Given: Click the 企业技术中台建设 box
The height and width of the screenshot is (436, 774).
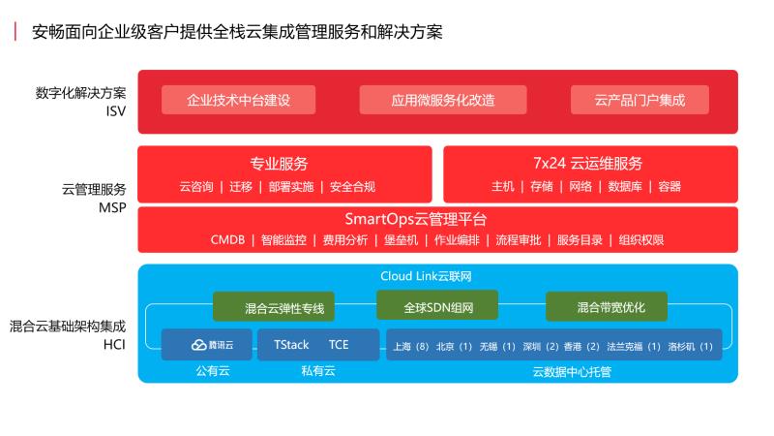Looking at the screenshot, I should pos(238,100).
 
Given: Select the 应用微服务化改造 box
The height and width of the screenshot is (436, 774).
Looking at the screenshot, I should pos(443,100).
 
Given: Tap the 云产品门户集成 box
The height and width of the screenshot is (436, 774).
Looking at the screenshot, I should pos(639,100).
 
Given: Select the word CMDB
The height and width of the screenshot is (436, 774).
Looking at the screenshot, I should pos(228,239).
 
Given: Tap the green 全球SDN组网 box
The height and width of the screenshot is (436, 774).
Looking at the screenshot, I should pos(437,306).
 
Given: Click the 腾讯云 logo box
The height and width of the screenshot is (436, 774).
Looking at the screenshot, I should pos(205,345).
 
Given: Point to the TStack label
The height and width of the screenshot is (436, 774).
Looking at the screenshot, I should pos(291,345).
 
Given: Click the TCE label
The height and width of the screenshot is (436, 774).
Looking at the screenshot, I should pos(339,345).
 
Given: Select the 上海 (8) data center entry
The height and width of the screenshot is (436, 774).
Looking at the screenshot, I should pos(409,346).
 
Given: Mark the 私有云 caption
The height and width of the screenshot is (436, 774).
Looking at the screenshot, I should pos(317,370).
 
